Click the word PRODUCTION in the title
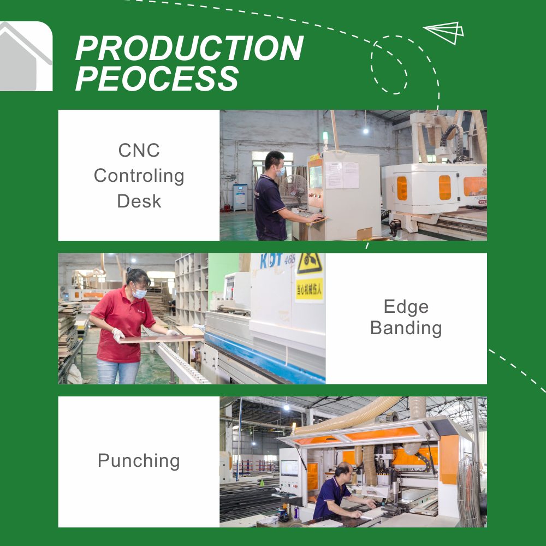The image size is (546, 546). point(189,48)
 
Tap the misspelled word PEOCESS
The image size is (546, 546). point(157,78)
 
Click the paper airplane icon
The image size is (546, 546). point(444,33)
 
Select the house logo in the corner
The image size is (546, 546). point(26,56)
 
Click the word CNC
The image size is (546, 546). point(139,151)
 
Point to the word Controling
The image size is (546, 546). point(139,176)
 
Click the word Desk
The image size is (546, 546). point(139,201)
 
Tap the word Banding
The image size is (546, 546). point(406,328)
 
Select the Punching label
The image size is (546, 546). point(139,461)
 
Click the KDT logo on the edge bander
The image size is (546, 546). point(271,261)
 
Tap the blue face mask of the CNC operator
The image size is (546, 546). point(281,171)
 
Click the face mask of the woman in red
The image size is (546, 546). point(139,293)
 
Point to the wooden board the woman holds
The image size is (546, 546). point(162,339)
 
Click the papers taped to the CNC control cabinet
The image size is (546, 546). point(342,175)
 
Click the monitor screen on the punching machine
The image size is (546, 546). point(290,468)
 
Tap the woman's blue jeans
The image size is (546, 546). point(118,371)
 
